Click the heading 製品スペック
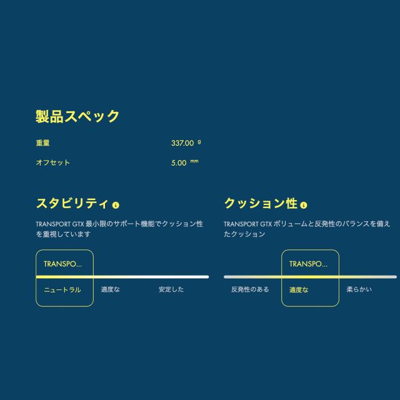[77, 117]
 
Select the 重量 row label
[42, 143]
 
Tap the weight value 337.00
[182, 143]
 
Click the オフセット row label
[52, 162]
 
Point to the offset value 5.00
[179, 163]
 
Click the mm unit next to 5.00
[194, 161]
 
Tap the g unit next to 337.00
[199, 142]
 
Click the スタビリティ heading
[72, 203]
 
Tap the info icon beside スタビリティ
[116, 205]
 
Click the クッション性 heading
[261, 203]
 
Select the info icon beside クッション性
[304, 205]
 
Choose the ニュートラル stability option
[62, 290]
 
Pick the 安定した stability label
[171, 289]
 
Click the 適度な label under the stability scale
[110, 289]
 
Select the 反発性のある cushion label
[250, 289]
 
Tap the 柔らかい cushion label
[359, 289]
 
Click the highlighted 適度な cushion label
[299, 290]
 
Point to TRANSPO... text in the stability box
[62, 264]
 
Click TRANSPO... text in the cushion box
[308, 264]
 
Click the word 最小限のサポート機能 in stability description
[119, 224]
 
